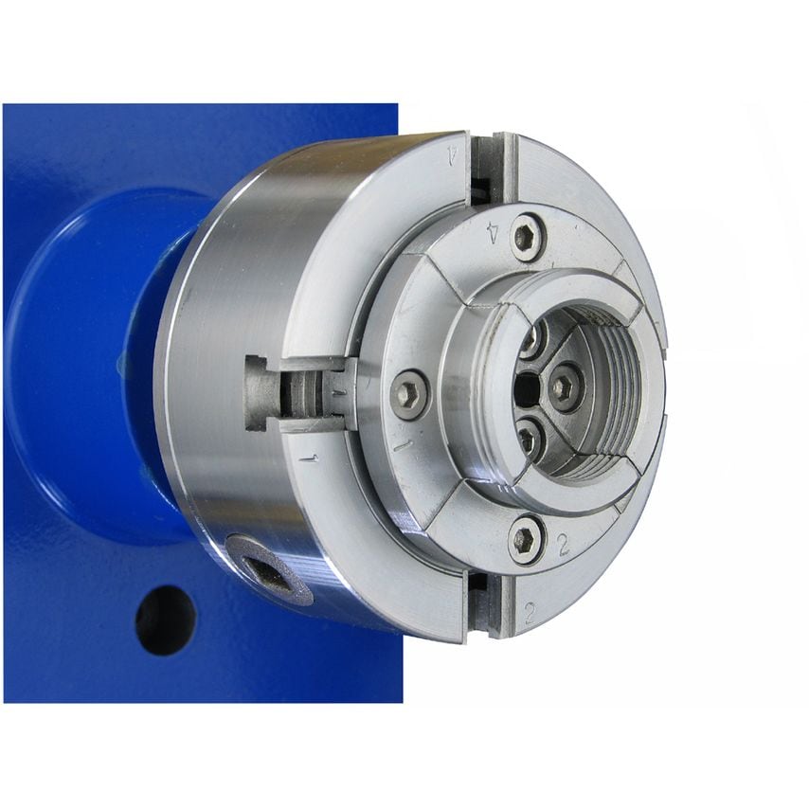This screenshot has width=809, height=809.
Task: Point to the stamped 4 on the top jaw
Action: coord(494,233)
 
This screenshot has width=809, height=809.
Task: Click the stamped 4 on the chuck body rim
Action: coord(453,154)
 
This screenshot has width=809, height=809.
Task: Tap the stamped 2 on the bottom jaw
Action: coord(564,545)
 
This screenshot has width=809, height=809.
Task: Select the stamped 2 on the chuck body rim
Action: coord(530,612)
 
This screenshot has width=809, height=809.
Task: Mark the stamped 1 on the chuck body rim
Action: coord(309,458)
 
